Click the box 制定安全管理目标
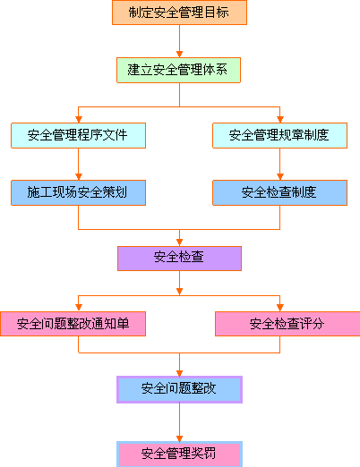tap(179, 13)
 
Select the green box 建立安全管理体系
tap(178, 70)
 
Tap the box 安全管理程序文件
tap(78, 135)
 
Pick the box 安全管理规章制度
tap(279, 135)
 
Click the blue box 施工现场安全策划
tap(78, 192)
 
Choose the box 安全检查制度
tap(279, 192)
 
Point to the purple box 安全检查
tap(179, 259)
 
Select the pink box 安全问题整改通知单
tap(73, 324)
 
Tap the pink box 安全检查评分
tap(287, 324)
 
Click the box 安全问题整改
tap(179, 389)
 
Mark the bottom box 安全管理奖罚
tap(179, 454)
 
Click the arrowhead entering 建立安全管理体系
tap(179, 54)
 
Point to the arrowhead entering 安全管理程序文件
tap(79, 119)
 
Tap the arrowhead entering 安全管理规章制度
tap(280, 119)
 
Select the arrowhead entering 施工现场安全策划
tap(79, 176)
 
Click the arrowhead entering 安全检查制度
tap(280, 176)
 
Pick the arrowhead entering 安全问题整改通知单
tap(79, 308)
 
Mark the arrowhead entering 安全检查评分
tap(280, 308)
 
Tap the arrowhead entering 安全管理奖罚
tap(179, 438)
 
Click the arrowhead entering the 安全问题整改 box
tap(179, 373)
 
